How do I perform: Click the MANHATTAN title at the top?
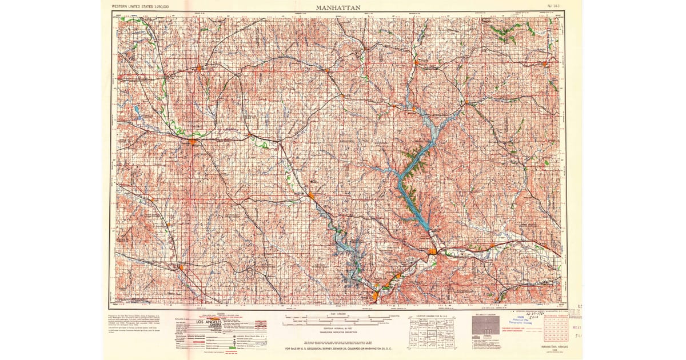[338, 7]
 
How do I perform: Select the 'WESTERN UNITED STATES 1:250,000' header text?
[144, 6]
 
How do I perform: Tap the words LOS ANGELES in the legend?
[214, 322]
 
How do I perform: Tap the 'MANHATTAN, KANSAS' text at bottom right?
[551, 346]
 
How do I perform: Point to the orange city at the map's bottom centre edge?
[375, 296]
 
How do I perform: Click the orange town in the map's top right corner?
[545, 63]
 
